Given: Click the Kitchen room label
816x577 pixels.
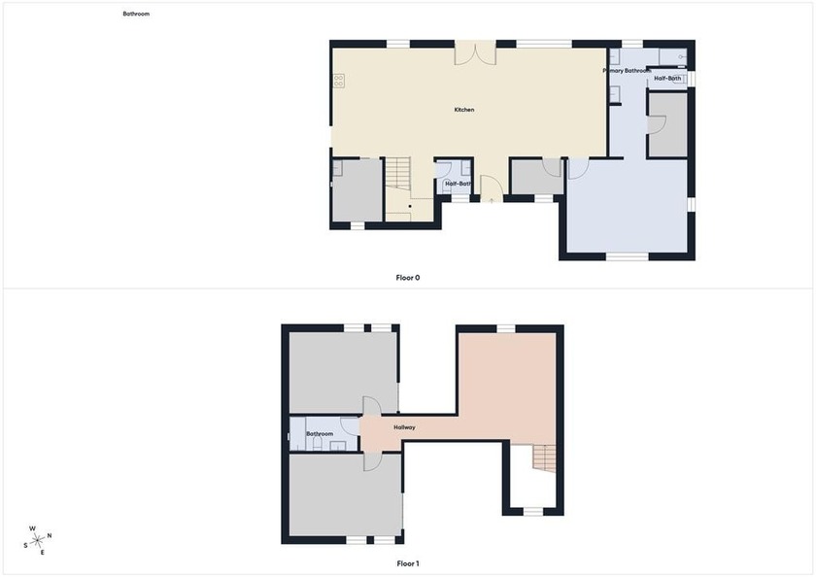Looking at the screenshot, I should pos(464,110).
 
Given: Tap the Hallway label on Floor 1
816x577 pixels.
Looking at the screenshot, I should pos(405,427).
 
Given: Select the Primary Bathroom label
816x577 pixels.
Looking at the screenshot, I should pos(627,71).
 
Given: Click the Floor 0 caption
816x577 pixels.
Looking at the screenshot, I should pos(408,278).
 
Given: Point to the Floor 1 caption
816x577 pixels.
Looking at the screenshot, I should pos(408,563).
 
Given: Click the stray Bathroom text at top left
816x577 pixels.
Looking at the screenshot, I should pos(136,15).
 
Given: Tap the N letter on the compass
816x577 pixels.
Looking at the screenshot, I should pos(50,535).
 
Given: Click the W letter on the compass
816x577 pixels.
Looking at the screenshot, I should pos(33,528).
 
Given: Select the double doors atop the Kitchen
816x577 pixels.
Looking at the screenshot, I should pos(475,53).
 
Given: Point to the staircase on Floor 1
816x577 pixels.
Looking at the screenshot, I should pos(545,458).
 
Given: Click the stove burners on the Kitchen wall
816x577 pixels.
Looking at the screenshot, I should pos(338,81).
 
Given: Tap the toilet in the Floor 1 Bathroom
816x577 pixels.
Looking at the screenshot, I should pos(295,443).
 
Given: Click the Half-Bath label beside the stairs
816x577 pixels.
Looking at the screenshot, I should pos(459,184).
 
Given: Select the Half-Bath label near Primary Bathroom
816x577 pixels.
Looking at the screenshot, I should pos(667,78).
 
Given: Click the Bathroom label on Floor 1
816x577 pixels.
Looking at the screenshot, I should pos(320,433).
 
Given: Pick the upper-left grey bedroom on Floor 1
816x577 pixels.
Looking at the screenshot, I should pos(343,372).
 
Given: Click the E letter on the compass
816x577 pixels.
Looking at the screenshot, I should pos(43,553).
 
